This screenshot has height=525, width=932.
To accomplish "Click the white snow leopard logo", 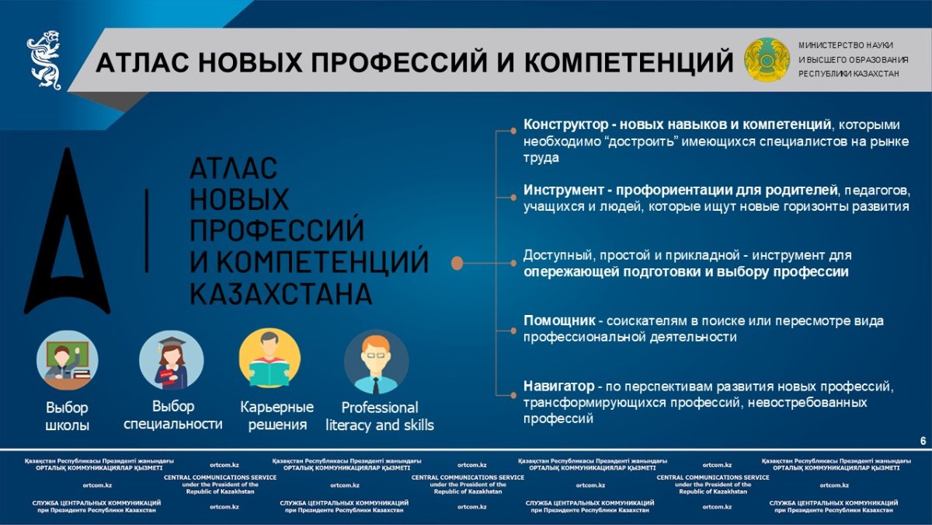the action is point(44,60).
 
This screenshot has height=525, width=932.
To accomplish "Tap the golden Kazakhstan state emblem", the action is point(767,60).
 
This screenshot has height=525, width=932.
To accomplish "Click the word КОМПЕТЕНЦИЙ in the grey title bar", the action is point(628,62).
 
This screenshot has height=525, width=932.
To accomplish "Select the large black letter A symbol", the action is point(67,231).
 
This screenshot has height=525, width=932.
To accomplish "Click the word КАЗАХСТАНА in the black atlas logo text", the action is point(281,294).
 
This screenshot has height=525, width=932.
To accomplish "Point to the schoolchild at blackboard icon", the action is point(68,361).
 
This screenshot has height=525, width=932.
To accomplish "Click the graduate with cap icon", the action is point(172,361).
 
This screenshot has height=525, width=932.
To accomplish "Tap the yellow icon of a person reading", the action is point(270,359).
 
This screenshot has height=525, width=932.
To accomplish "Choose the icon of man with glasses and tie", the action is point(376,362).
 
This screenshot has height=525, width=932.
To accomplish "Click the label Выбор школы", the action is point(67,416).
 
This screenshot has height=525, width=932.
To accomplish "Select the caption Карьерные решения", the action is point(277,416).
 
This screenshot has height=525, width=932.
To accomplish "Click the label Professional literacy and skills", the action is point(380,416).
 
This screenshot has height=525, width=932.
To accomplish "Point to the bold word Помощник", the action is point(560,320).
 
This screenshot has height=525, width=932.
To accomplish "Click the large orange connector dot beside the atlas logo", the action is point(457,264).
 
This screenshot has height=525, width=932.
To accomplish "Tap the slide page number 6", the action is point(923,441).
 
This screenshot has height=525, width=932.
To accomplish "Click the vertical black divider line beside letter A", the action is point(147,231).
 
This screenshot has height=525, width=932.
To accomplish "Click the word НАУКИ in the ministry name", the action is point(881,45).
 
